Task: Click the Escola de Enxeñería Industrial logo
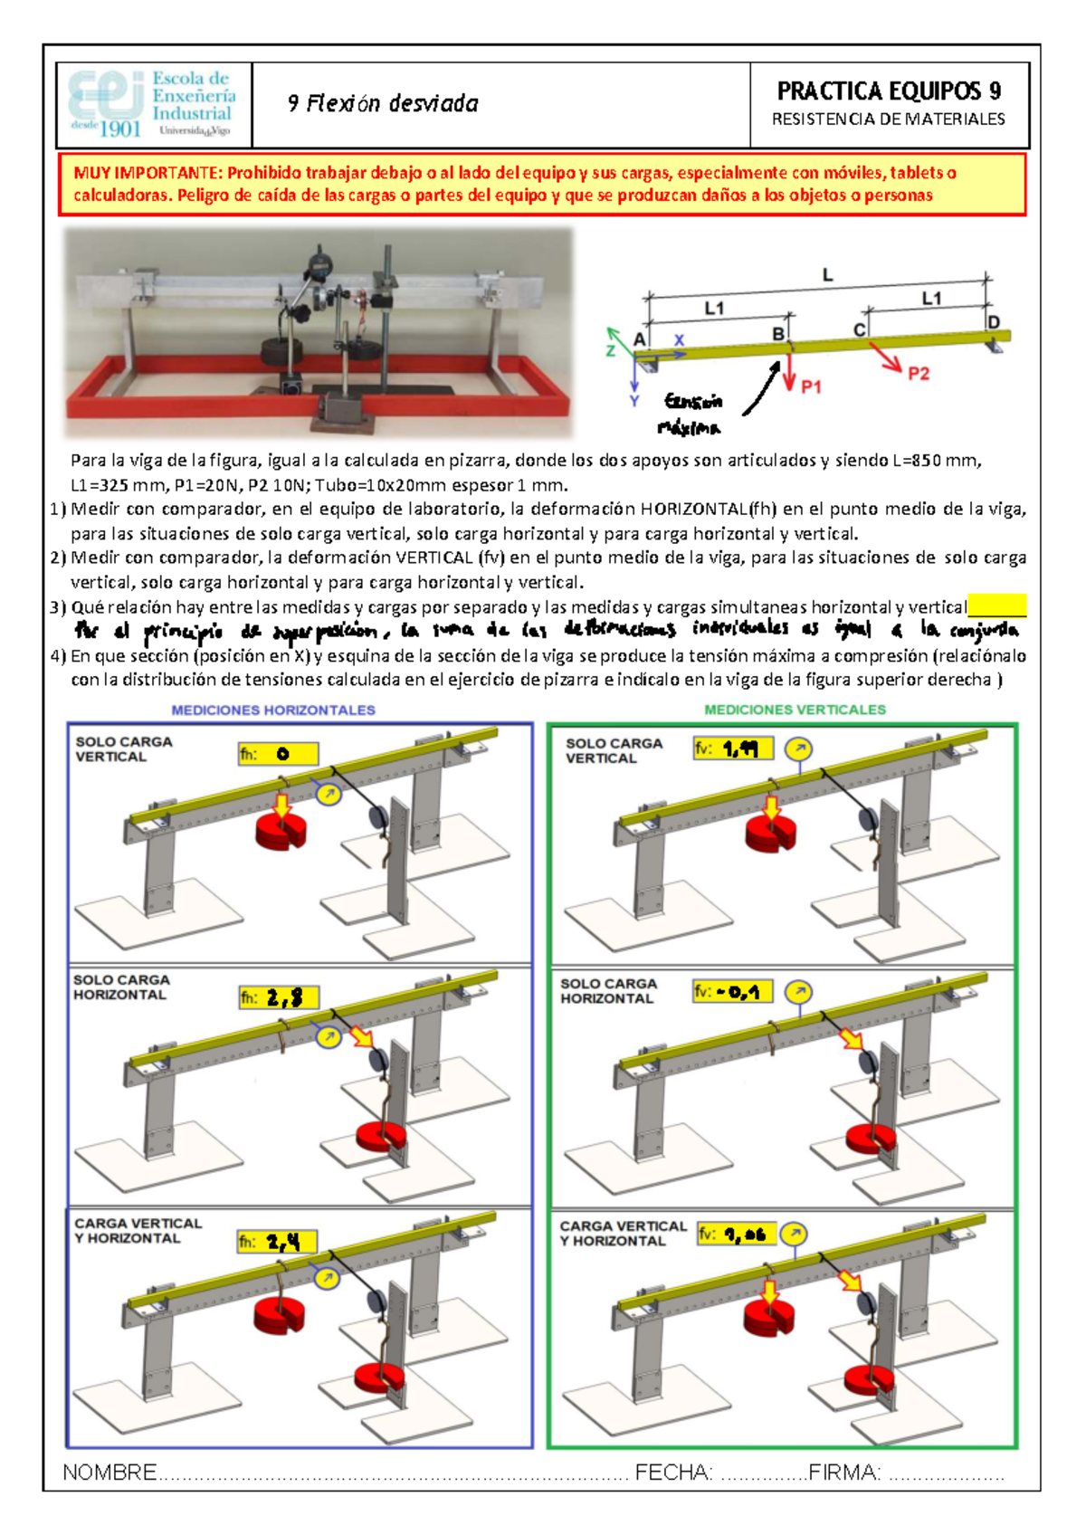[152, 104]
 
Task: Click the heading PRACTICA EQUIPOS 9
[889, 91]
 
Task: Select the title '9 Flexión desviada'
[383, 104]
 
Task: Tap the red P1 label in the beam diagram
[811, 386]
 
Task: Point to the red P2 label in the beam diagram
[918, 373]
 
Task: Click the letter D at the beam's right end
[994, 322]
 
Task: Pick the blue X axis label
[679, 340]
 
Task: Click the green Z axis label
[611, 350]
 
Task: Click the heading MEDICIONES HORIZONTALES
[273, 710]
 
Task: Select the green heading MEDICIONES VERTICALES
[795, 710]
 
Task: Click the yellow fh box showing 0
[278, 754]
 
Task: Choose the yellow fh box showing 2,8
[278, 997]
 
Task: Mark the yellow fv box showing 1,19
[732, 748]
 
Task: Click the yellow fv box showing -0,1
[732, 992]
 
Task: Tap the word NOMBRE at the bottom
[110, 1473]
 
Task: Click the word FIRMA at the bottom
[844, 1473]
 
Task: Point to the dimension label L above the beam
[827, 275]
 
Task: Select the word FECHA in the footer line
[674, 1473]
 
